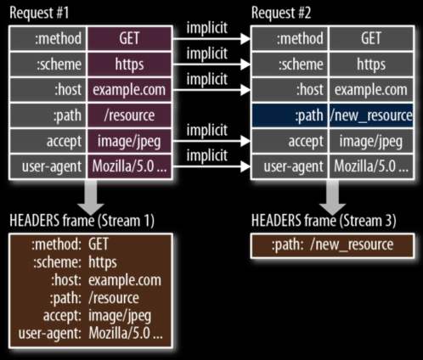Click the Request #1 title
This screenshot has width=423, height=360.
(39, 13)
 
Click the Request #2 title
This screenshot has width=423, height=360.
(281, 13)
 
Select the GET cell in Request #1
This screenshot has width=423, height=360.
(129, 38)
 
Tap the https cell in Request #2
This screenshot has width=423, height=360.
(371, 65)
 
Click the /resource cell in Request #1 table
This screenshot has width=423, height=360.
(129, 115)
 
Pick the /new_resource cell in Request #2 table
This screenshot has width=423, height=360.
(371, 115)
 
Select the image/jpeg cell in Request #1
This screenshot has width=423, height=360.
(129, 141)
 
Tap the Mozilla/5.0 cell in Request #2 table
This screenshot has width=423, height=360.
(371, 166)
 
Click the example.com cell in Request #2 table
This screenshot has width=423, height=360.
(371, 90)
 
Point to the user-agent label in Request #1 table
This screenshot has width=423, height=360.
(52, 166)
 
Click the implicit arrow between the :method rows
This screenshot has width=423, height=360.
(211, 39)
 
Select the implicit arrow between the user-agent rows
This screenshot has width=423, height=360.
(211, 166)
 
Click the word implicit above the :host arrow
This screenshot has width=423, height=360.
(207, 79)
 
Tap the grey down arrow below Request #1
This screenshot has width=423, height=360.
(91, 197)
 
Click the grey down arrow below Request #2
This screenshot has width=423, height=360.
(333, 197)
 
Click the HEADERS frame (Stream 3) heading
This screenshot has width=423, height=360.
(324, 221)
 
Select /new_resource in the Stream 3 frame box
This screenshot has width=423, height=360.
(352, 245)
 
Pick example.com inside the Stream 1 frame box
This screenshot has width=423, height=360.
(125, 280)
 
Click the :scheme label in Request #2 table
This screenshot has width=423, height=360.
(301, 65)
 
